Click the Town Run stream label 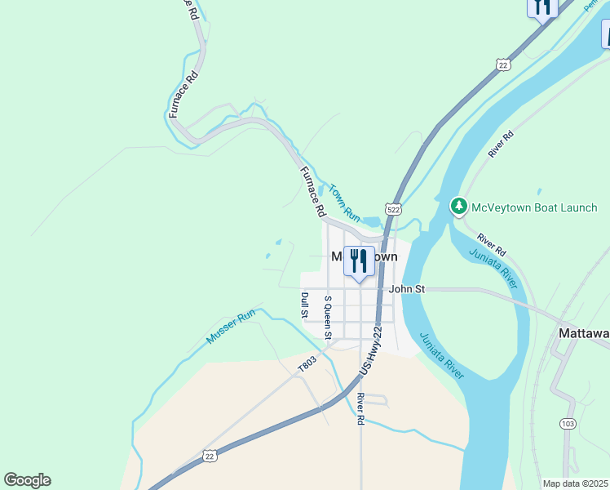(344, 203)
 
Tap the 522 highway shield (394, 209)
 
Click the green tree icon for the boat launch (459, 207)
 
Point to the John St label (407, 288)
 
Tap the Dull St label (304, 305)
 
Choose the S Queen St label (328, 317)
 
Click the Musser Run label (232, 326)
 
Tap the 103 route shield (568, 423)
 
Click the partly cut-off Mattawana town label (583, 333)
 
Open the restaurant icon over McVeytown (358, 261)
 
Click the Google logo (27, 480)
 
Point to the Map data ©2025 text (574, 483)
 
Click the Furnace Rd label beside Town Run (312, 192)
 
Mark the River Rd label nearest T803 (360, 409)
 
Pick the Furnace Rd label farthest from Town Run (183, 96)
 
